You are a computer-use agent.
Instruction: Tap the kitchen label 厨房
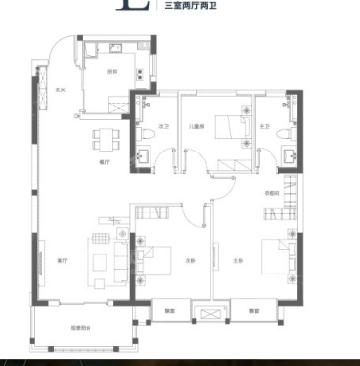[x=113, y=71]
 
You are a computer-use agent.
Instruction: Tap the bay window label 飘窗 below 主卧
[x=254, y=312]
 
